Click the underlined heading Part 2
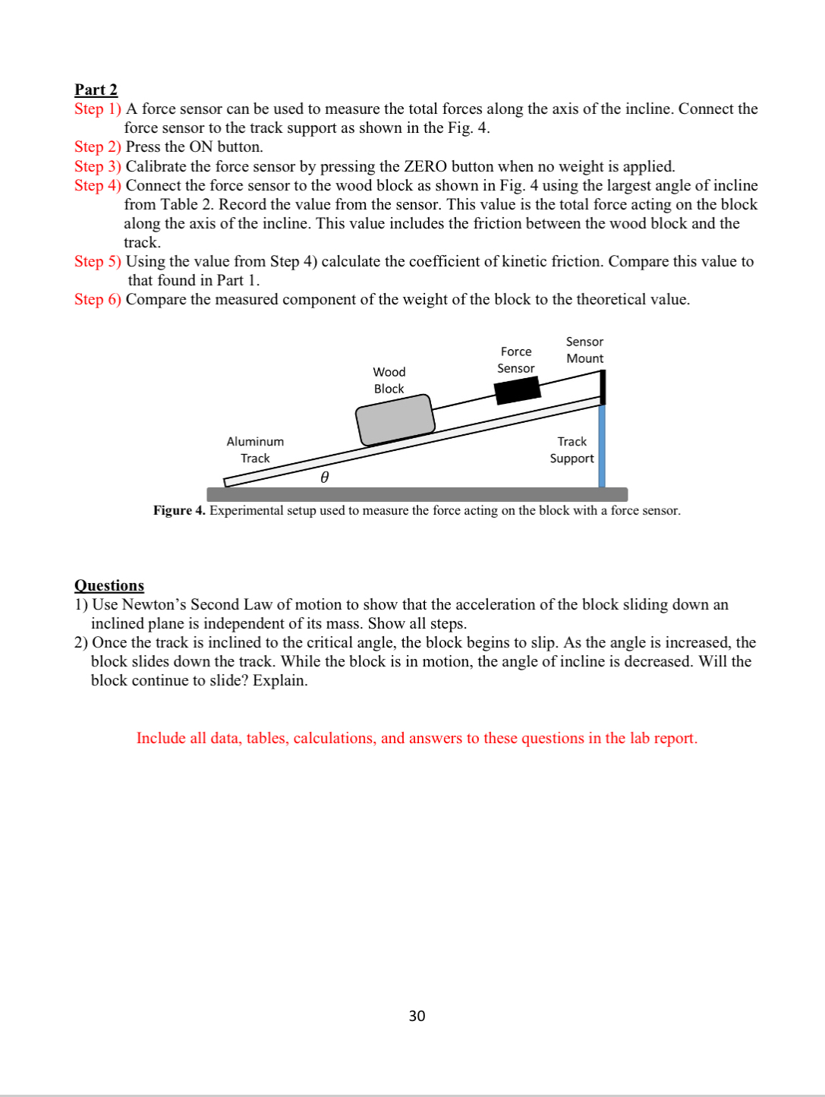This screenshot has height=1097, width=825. click(96, 90)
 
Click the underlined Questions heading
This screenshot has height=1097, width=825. click(109, 585)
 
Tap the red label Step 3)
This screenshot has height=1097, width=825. click(97, 166)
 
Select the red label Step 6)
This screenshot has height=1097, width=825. click(97, 299)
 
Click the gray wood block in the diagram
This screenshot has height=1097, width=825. click(395, 419)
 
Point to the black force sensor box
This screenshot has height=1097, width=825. click(517, 390)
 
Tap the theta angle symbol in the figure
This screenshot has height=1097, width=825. click(324, 477)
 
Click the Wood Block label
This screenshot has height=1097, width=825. click(389, 380)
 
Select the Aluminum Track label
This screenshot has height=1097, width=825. click(255, 449)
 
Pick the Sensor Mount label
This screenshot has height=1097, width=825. click(584, 350)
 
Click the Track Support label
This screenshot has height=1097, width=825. click(572, 449)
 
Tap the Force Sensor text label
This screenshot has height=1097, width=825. click(516, 360)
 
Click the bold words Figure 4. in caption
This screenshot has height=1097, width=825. click(179, 510)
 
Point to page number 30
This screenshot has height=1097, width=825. click(417, 1016)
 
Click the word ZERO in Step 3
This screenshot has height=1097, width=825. click(425, 166)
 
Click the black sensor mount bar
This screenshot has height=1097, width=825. click(603, 387)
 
